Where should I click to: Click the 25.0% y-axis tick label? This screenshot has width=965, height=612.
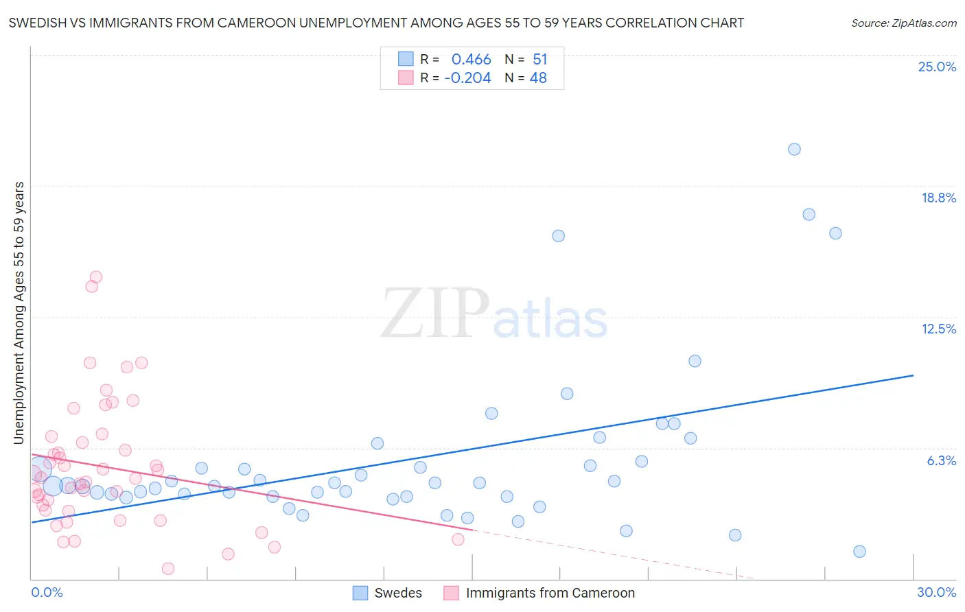tap(937, 67)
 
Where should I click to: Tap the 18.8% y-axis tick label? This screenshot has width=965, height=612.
tap(938, 198)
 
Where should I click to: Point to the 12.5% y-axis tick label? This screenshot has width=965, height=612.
tap(938, 329)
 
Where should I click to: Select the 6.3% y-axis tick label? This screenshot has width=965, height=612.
tap(941, 460)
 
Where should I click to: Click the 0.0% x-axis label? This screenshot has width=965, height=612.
tap(47, 592)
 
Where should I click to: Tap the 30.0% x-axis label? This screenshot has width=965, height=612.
tap(936, 592)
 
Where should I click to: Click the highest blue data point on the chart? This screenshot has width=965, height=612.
tap(794, 149)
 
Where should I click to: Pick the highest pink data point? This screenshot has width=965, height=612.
tap(96, 277)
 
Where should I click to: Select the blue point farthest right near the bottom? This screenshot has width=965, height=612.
tap(859, 552)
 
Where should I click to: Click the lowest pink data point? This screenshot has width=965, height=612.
tap(168, 568)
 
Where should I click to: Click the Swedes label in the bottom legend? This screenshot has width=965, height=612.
tap(398, 593)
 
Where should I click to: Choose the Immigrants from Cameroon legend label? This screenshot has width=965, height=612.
tap(550, 593)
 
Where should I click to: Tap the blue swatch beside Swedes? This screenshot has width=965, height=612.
tap(360, 593)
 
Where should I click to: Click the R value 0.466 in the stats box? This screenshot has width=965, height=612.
tap(471, 60)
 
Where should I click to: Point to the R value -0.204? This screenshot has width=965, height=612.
tap(467, 78)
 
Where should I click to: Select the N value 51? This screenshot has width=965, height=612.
tap(540, 60)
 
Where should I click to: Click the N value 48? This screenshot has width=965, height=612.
tap(538, 78)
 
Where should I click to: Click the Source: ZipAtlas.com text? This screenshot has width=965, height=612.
tap(903, 23)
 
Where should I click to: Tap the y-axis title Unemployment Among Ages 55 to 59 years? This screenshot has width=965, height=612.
tap(19, 312)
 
